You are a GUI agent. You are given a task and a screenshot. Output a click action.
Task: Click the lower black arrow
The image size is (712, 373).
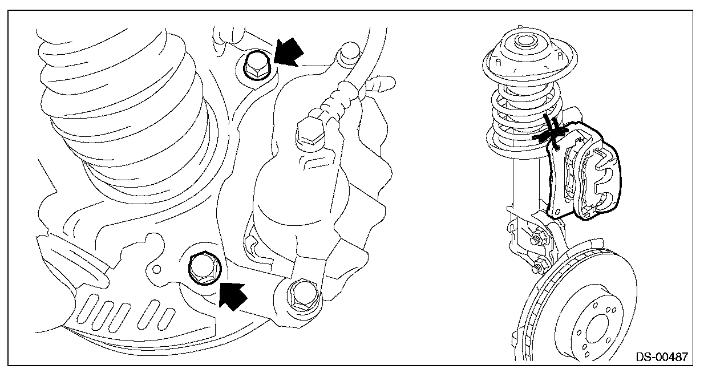point(234,295)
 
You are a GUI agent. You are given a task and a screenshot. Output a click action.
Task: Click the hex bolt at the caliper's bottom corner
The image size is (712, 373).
point(300,293)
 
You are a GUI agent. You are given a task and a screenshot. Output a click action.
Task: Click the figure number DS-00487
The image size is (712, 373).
point(662,357)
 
